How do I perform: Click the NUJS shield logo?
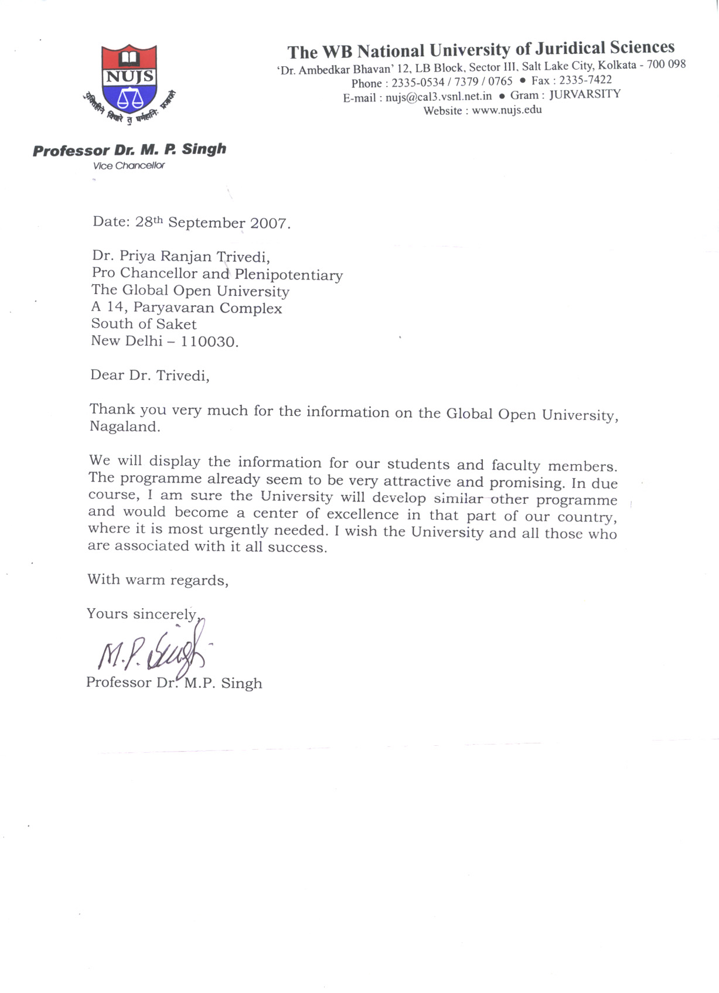[x=129, y=79]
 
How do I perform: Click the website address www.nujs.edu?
[x=507, y=110]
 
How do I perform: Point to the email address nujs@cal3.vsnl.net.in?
[x=438, y=97]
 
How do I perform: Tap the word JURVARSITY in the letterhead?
[x=584, y=94]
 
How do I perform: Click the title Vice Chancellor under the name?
[x=129, y=166]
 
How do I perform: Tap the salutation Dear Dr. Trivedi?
[x=149, y=376]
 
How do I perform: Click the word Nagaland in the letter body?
[x=124, y=426]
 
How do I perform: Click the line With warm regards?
[x=158, y=580]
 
